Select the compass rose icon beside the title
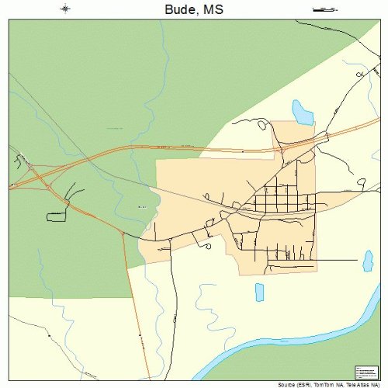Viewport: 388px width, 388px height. [64, 9]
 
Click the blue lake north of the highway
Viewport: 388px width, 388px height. [301, 113]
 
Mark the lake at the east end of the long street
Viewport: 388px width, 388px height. [369, 261]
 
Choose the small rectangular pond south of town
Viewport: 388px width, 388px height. [259, 292]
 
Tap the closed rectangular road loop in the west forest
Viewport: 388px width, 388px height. [57, 214]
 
